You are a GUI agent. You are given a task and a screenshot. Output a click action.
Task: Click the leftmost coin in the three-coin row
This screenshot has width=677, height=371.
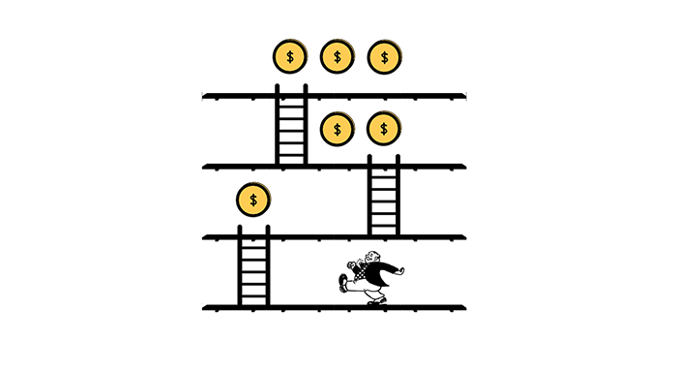pyautogui.click(x=289, y=57)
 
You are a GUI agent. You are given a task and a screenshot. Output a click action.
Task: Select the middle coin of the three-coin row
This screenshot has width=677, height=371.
pyautogui.click(x=337, y=57)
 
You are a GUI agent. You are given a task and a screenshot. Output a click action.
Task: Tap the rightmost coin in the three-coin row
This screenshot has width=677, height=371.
pyautogui.click(x=384, y=57)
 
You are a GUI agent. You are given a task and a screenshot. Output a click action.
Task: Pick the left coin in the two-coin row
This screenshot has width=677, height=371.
pyautogui.click(x=337, y=128)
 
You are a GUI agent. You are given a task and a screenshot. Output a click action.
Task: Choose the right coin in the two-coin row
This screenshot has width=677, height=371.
pyautogui.click(x=384, y=128)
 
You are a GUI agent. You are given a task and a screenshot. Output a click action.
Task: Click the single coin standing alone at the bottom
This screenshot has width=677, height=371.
pyautogui.click(x=253, y=200)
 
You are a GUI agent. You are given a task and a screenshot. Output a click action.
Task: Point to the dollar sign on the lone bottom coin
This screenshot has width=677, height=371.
pyautogui.click(x=253, y=200)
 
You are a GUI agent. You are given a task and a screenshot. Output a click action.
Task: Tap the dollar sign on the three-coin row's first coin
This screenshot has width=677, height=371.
pyautogui.click(x=289, y=57)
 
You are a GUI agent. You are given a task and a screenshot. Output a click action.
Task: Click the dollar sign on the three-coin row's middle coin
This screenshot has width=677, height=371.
pyautogui.click(x=337, y=57)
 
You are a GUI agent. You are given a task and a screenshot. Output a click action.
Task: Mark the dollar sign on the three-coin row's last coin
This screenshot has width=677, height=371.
pyautogui.click(x=384, y=57)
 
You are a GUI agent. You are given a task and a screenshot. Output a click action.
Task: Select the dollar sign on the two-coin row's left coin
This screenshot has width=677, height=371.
pyautogui.click(x=337, y=128)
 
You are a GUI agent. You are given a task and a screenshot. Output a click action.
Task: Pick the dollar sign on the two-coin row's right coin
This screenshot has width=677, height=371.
pyautogui.click(x=384, y=128)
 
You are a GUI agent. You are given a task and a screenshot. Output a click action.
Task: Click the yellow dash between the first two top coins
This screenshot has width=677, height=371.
pyautogui.click(x=310, y=59)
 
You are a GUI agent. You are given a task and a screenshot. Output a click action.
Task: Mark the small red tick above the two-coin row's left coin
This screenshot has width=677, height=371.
pyautogui.click(x=339, y=108)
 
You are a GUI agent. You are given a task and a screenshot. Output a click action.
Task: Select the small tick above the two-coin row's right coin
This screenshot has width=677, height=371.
pyautogui.click(x=384, y=108)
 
